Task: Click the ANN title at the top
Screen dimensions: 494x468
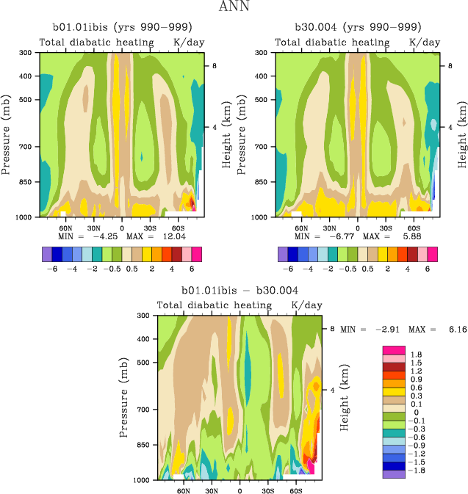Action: click(234, 7)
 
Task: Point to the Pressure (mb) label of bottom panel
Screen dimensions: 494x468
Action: click(122, 397)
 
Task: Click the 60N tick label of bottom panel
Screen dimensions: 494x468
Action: click(182, 489)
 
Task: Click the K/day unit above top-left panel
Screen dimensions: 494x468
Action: click(188, 43)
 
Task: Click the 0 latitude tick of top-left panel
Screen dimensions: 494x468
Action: click(122, 227)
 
